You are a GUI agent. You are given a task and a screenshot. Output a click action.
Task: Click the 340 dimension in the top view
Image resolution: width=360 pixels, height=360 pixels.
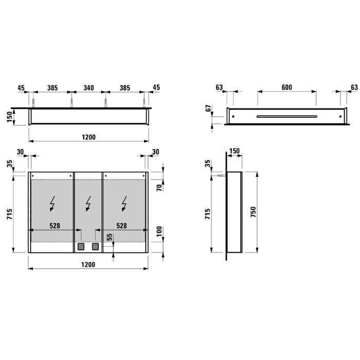click(x=88, y=88)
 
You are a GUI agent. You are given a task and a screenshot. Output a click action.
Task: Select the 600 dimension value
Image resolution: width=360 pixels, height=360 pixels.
click(x=287, y=87)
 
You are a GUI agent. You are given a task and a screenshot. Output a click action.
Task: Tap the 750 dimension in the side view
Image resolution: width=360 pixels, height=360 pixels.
click(x=253, y=212)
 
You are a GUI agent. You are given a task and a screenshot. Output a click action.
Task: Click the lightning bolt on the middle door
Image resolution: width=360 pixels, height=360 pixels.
click(x=88, y=205)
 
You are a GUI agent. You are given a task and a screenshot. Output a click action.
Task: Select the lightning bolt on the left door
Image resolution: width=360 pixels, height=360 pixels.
click(x=52, y=205)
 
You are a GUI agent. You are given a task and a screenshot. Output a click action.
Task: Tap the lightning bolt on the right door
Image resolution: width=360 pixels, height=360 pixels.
click(x=124, y=205)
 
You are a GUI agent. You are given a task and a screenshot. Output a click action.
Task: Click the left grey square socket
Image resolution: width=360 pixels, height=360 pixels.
click(x=81, y=247)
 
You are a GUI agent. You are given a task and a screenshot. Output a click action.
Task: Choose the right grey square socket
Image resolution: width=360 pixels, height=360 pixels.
click(x=95, y=247)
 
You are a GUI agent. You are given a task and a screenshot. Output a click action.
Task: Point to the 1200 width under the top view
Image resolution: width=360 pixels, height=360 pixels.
click(x=88, y=137)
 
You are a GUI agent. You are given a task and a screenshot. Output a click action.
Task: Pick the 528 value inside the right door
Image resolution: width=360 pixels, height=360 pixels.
click(x=122, y=225)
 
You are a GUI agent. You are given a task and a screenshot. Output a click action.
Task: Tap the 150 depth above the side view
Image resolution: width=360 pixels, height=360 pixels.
click(x=234, y=151)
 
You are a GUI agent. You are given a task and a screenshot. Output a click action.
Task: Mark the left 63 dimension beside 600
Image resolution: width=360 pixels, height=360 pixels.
click(x=220, y=87)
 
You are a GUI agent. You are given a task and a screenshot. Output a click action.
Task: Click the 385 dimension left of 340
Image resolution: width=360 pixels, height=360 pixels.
click(x=52, y=88)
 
